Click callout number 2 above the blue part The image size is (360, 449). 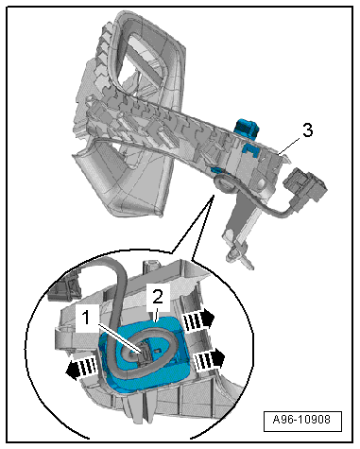click(158, 297)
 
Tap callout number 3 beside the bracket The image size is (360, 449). click(308, 130)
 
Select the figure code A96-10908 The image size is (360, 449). click(301, 420)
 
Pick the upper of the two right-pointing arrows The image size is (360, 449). click(199, 320)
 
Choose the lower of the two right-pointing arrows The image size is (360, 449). click(209, 359)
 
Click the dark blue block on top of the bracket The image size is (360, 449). click(247, 129)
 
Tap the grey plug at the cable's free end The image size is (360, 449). click(305, 185)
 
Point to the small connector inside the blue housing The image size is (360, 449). click(145, 355)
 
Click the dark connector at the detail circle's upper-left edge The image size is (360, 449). click(64, 289)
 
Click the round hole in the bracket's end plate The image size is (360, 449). click(261, 183)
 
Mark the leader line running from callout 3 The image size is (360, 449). click(289, 146)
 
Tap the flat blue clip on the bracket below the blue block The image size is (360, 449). click(253, 149)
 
